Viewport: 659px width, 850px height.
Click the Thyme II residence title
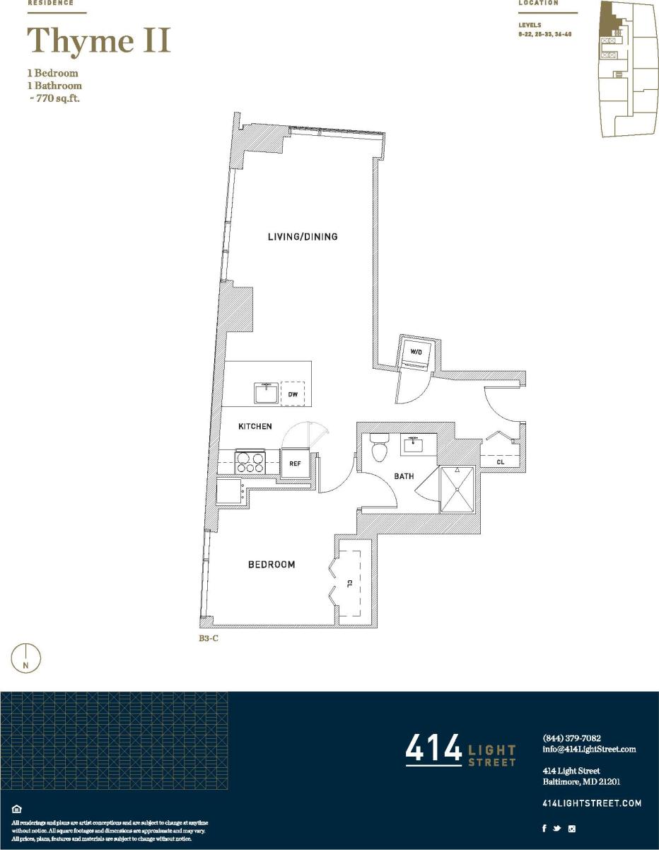pyautogui.click(x=99, y=40)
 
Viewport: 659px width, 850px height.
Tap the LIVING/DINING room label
pyautogui.click(x=302, y=236)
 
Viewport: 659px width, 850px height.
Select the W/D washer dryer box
pyautogui.click(x=416, y=352)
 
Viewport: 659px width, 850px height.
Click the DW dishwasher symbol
pyautogui.click(x=292, y=394)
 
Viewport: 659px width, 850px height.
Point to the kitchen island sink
pyautogui.click(x=266, y=393)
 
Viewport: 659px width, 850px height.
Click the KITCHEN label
pyautogui.click(x=255, y=426)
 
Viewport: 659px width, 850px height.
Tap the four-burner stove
pyautogui.click(x=250, y=462)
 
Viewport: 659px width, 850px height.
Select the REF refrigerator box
pyautogui.click(x=296, y=464)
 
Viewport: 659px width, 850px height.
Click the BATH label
pyautogui.click(x=404, y=476)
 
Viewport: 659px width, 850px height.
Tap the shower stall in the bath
pyautogui.click(x=459, y=488)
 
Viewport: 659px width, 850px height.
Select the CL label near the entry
pyautogui.click(x=501, y=461)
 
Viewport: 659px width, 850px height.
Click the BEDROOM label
pyautogui.click(x=271, y=564)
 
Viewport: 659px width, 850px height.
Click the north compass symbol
pyautogui.click(x=26, y=658)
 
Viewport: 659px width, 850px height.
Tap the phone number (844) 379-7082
pyautogui.click(x=571, y=737)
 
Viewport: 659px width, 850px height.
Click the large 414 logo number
pyautogui.click(x=433, y=750)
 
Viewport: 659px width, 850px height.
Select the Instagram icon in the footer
pyautogui.click(x=572, y=829)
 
